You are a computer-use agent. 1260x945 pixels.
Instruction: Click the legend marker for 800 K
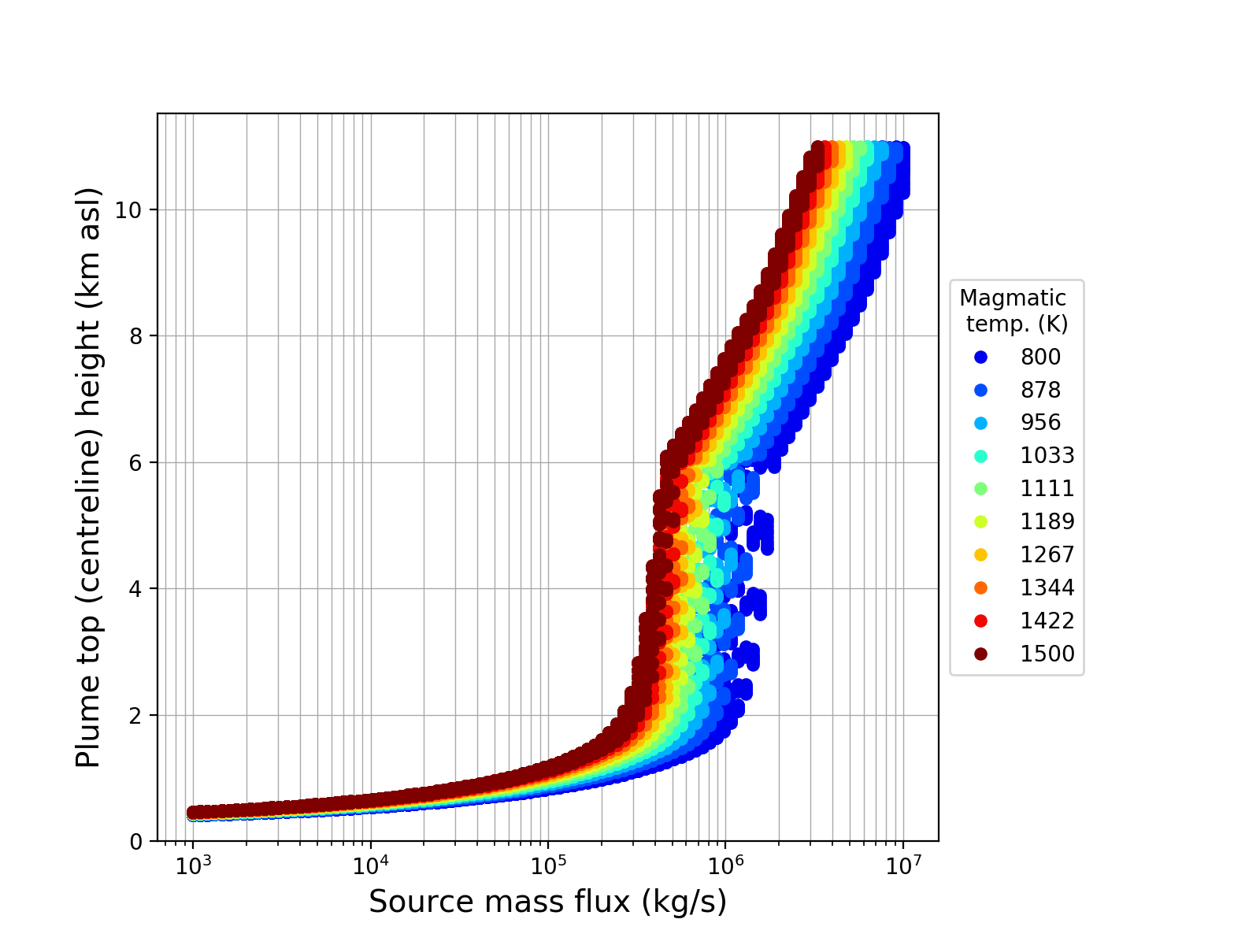(x=980, y=357)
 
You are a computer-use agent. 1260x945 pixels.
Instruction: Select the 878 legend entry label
(x=1040, y=390)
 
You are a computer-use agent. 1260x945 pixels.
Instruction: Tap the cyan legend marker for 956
(x=980, y=423)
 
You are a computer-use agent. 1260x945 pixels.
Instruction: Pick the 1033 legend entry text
(x=1047, y=456)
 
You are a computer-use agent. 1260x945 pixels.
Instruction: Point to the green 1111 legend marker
(x=980, y=489)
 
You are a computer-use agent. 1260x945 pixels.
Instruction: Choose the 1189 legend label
(x=1047, y=522)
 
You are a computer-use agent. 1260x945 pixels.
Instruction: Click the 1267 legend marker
(x=980, y=555)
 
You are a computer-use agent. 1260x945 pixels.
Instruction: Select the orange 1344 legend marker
(x=980, y=588)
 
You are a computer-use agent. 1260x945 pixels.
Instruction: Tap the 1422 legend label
(x=1047, y=621)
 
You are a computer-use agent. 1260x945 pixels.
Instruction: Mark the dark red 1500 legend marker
(x=980, y=654)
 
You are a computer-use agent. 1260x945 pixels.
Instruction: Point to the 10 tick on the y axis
(x=129, y=210)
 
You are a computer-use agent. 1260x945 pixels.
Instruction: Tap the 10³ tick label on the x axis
(x=192, y=865)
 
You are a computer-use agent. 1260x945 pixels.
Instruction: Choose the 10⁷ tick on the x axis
(x=902, y=865)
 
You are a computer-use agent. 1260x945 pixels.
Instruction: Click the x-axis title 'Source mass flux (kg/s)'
(x=547, y=902)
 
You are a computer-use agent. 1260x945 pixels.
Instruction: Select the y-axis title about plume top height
(x=89, y=477)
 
